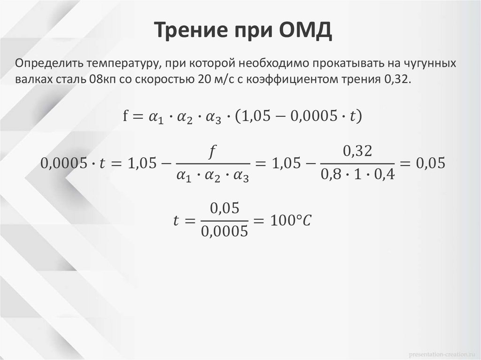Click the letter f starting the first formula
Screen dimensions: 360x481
click(x=125, y=115)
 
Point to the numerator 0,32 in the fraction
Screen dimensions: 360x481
click(x=358, y=151)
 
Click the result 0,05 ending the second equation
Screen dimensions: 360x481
click(x=430, y=163)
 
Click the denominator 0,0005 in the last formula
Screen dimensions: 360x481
click(x=224, y=231)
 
